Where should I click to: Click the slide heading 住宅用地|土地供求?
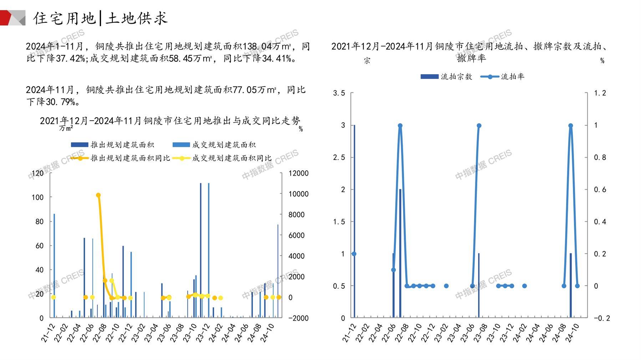[100, 18]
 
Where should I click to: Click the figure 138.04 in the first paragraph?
[254, 47]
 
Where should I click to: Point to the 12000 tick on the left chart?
[298, 173]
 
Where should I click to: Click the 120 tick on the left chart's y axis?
[37, 173]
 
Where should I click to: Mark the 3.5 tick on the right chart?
[339, 93]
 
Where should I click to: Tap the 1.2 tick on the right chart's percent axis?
[600, 93]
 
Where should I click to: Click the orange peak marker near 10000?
[98, 195]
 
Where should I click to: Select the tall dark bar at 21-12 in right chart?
[354, 221]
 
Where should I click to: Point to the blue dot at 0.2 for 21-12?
[354, 254]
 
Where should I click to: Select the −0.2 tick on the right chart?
[601, 318]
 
